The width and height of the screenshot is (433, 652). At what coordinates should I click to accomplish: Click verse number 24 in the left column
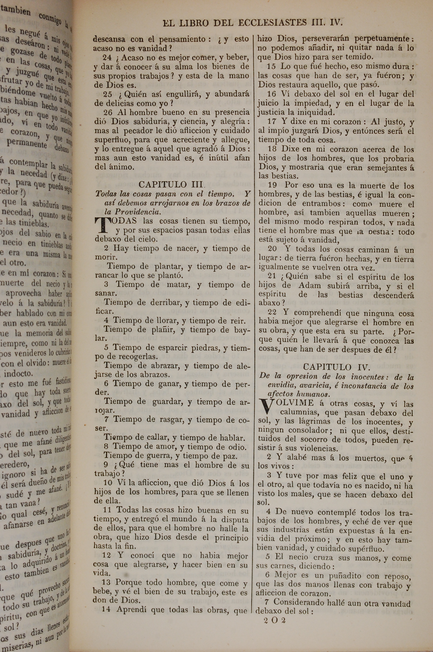[107, 57]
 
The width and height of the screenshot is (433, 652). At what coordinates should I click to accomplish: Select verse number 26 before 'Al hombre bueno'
[108, 112]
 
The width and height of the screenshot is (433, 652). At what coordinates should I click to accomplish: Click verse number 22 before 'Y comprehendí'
[272, 313]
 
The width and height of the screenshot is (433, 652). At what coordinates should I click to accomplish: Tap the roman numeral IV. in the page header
[336, 22]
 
